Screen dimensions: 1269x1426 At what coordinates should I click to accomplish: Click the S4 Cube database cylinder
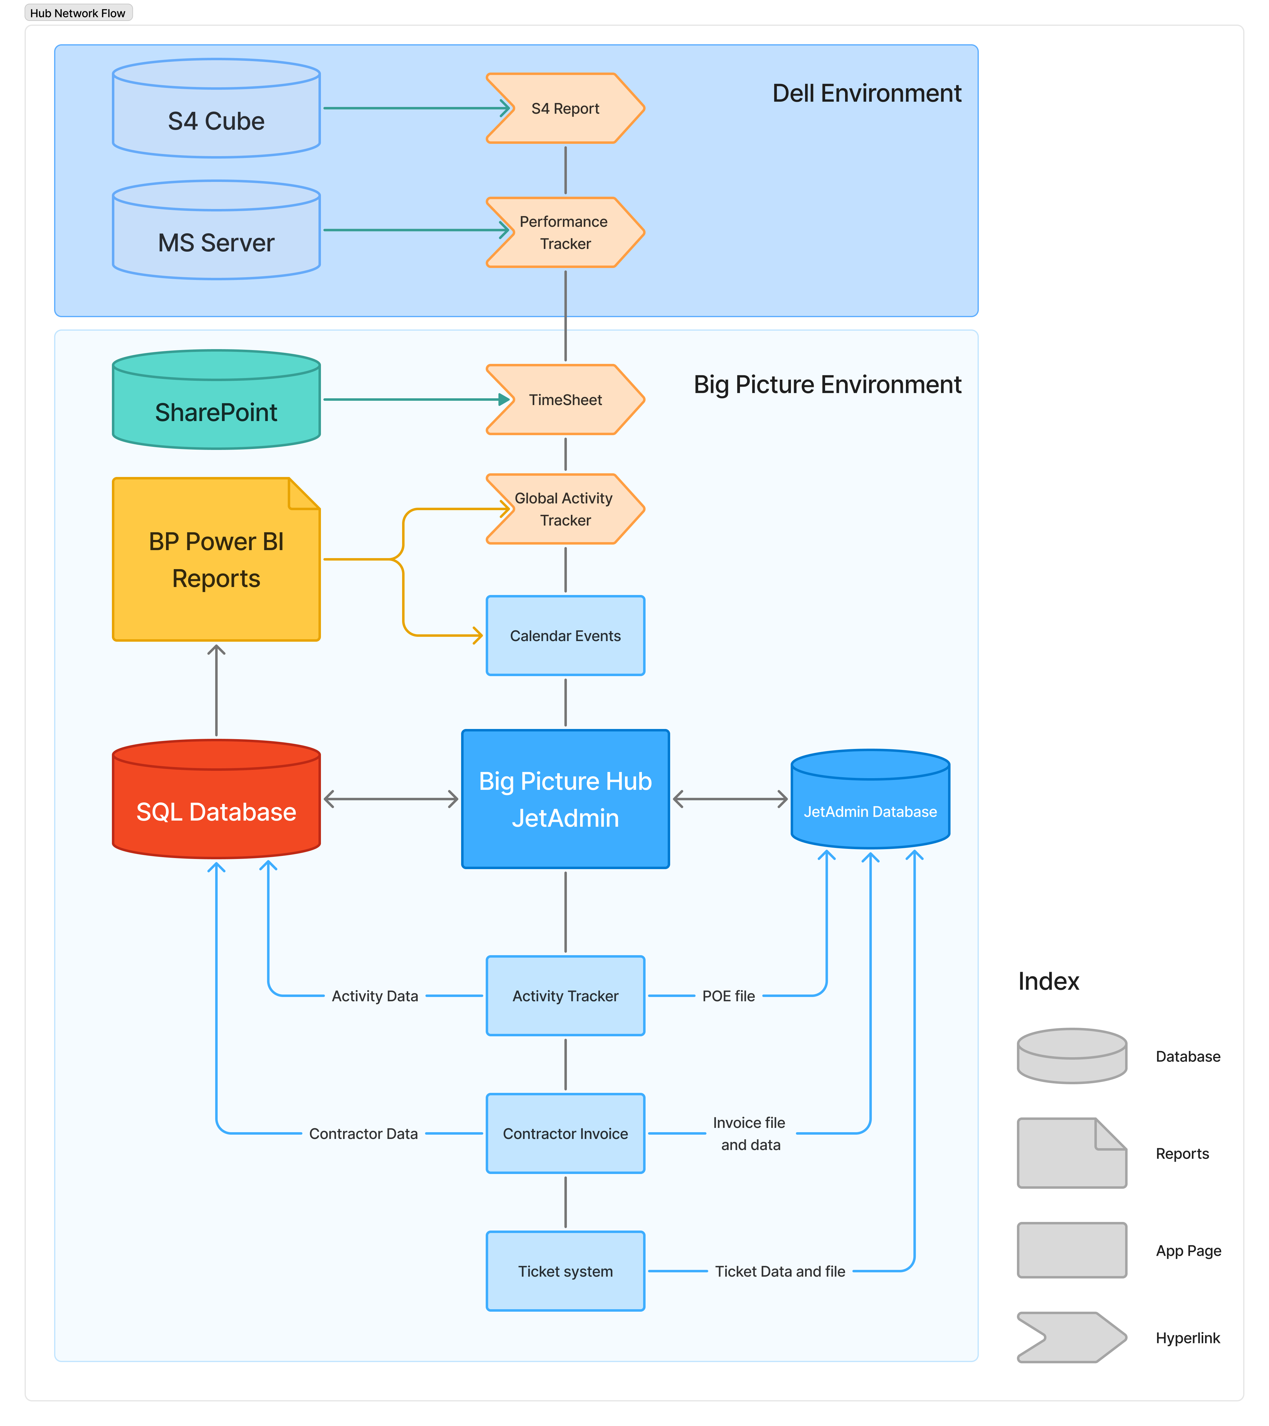pyautogui.click(x=216, y=108)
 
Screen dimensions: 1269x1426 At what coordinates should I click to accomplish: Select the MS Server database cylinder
pyautogui.click(x=216, y=230)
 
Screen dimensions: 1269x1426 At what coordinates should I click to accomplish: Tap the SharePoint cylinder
pyautogui.click(x=216, y=400)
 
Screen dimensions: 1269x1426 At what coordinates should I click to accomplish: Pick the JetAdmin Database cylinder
pyautogui.click(x=870, y=799)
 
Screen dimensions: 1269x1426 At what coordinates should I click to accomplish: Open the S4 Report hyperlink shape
pyautogui.click(x=565, y=108)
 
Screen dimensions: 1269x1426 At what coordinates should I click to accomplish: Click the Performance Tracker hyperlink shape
pyautogui.click(x=565, y=232)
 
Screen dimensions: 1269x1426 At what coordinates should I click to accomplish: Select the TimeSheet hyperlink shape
pyautogui.click(x=565, y=400)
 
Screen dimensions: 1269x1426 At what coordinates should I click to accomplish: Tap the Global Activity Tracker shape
pyautogui.click(x=565, y=509)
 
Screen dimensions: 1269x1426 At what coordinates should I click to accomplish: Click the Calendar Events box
pyautogui.click(x=565, y=636)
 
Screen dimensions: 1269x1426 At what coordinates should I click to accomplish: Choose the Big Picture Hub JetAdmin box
pyautogui.click(x=565, y=799)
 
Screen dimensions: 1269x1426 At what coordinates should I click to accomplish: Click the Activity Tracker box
pyautogui.click(x=565, y=995)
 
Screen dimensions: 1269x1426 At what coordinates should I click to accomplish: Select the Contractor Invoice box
pyautogui.click(x=565, y=1134)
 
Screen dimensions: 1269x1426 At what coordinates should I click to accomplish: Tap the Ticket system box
pyautogui.click(x=565, y=1271)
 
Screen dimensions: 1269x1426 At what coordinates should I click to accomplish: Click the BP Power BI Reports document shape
pyautogui.click(x=216, y=560)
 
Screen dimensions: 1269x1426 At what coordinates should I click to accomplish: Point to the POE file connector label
pyautogui.click(x=729, y=996)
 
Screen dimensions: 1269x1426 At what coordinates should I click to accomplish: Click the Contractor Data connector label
pyautogui.click(x=364, y=1134)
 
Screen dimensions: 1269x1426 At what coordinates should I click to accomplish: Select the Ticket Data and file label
pyautogui.click(x=781, y=1271)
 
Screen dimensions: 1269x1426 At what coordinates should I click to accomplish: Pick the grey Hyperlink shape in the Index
pyautogui.click(x=1072, y=1337)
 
